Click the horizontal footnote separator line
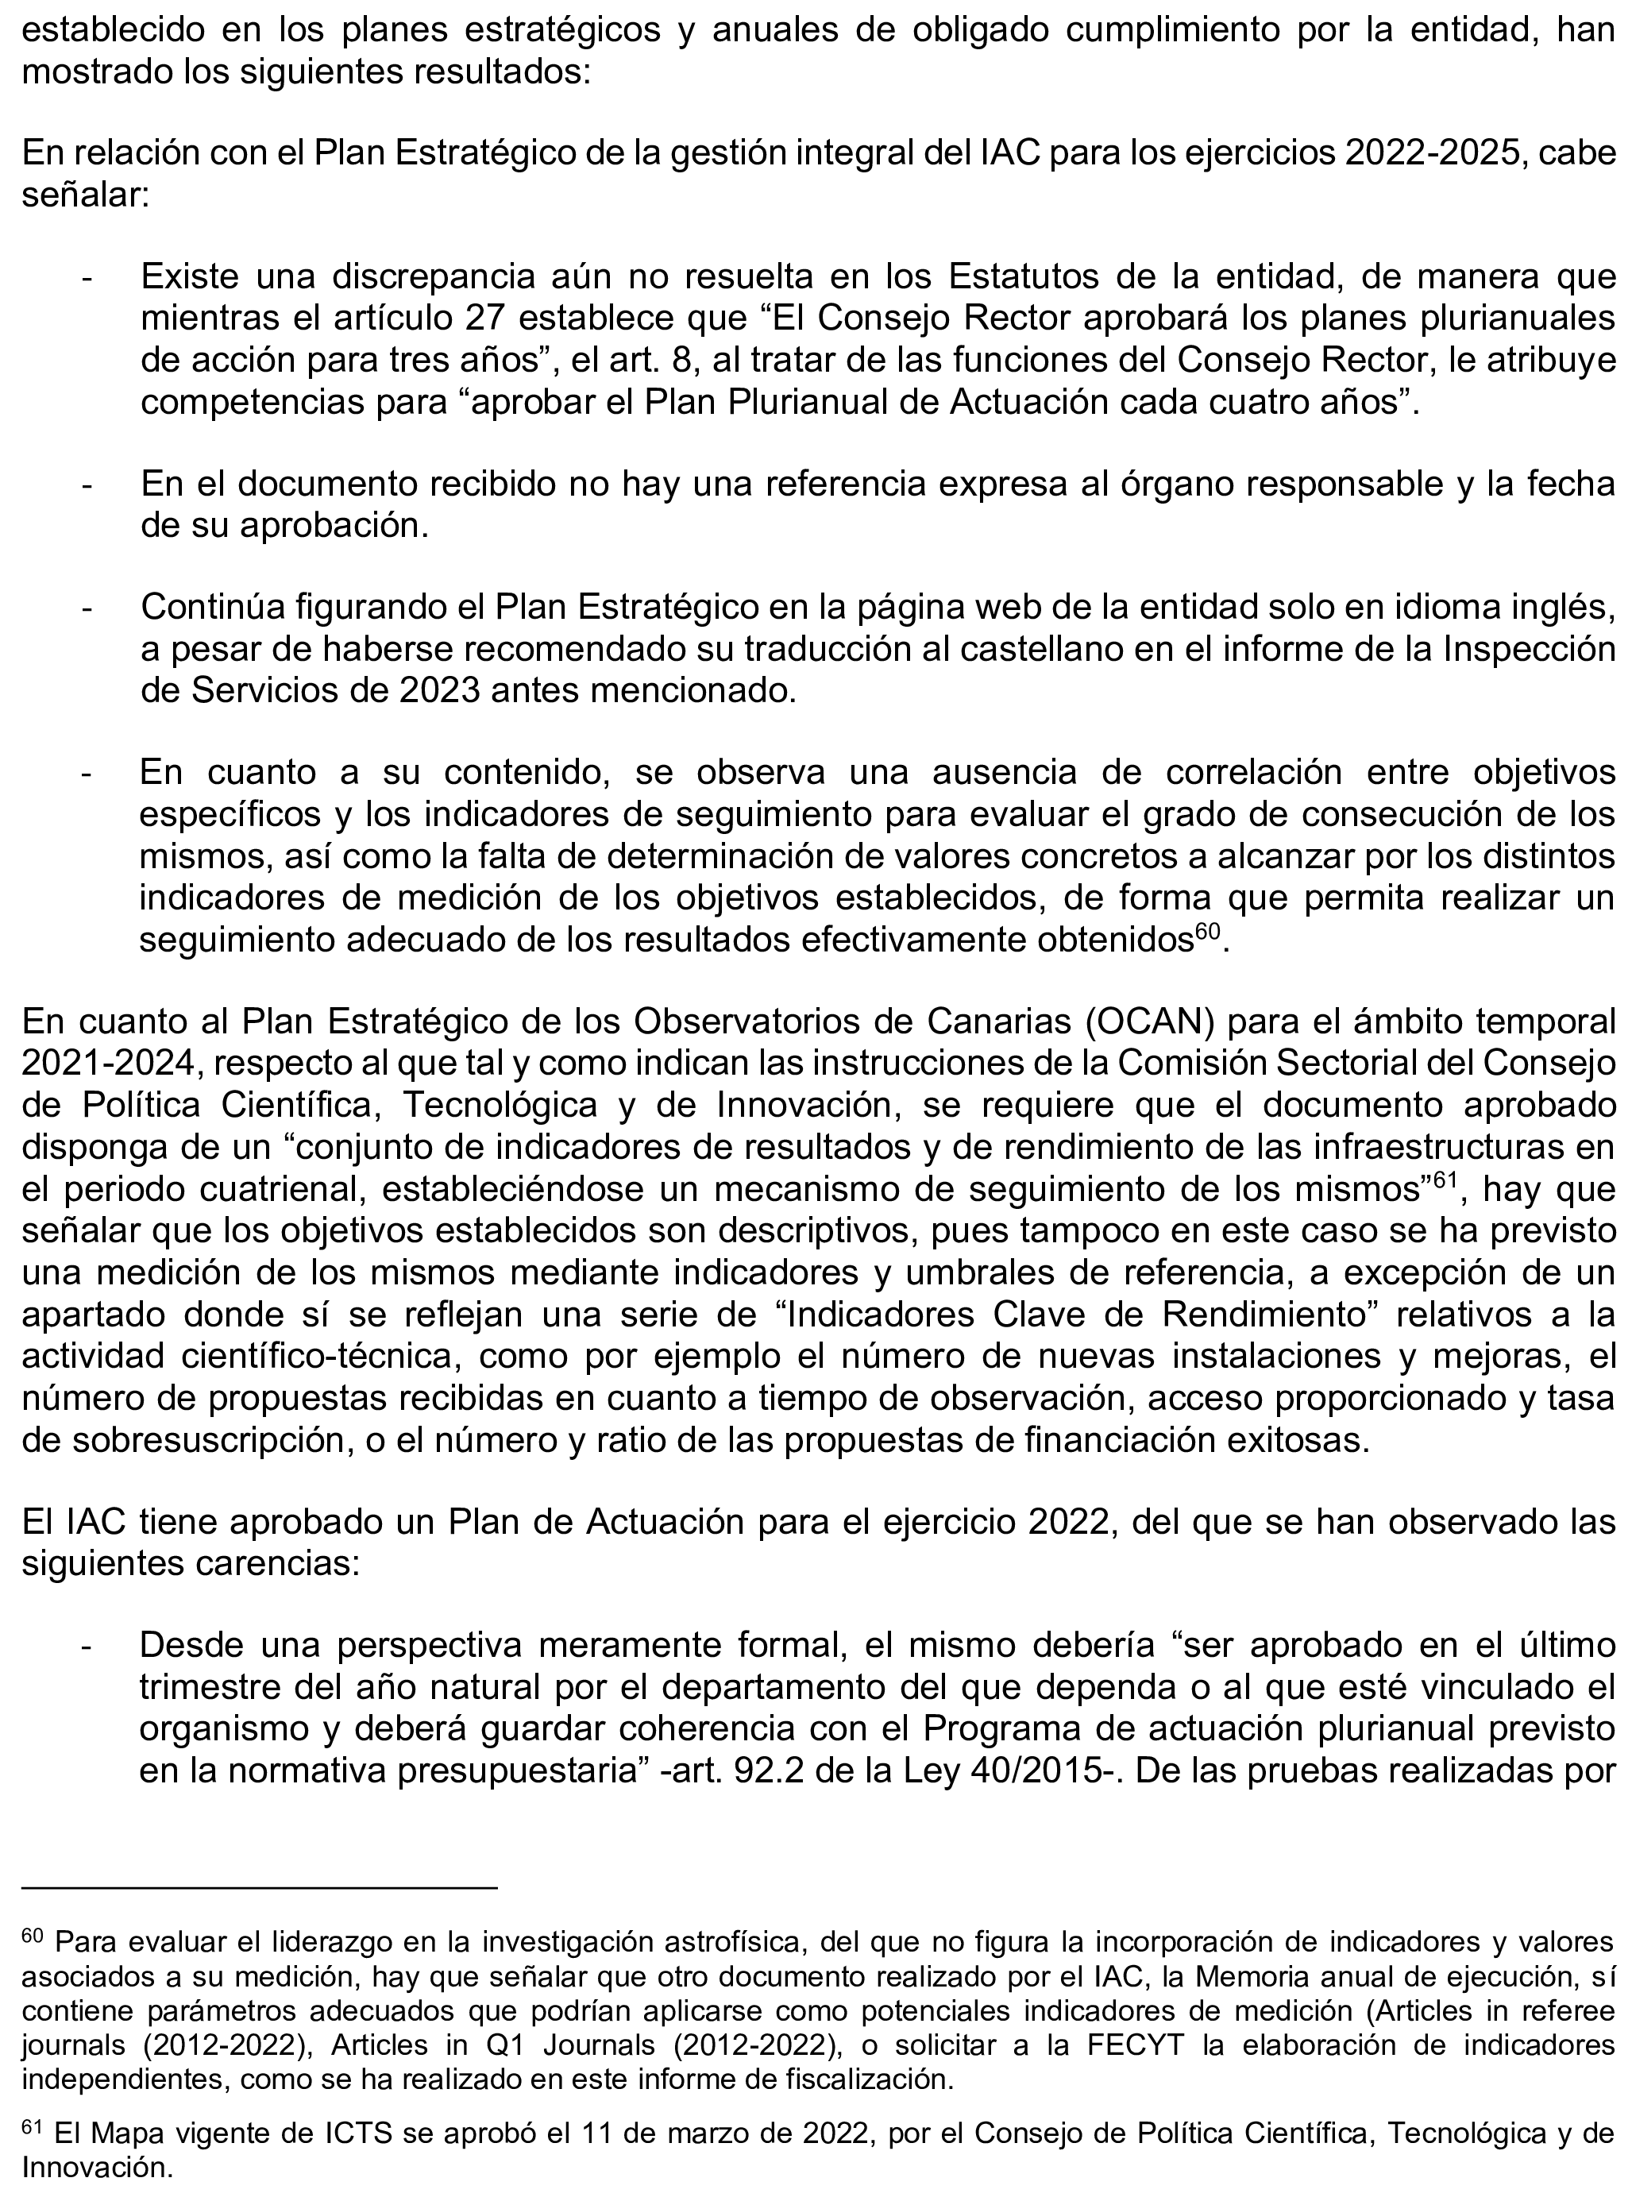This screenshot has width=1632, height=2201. (259, 1888)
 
